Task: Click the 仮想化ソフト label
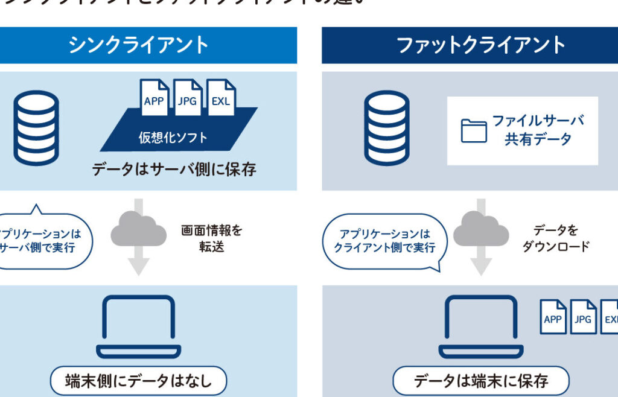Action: (173, 137)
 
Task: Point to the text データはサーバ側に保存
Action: (174, 169)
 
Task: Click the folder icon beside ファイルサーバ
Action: (474, 130)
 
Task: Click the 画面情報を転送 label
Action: (212, 238)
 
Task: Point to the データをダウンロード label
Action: (556, 238)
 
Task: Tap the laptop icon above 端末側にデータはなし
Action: (139, 326)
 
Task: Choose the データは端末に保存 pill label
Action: (481, 381)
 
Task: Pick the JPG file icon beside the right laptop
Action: (583, 317)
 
